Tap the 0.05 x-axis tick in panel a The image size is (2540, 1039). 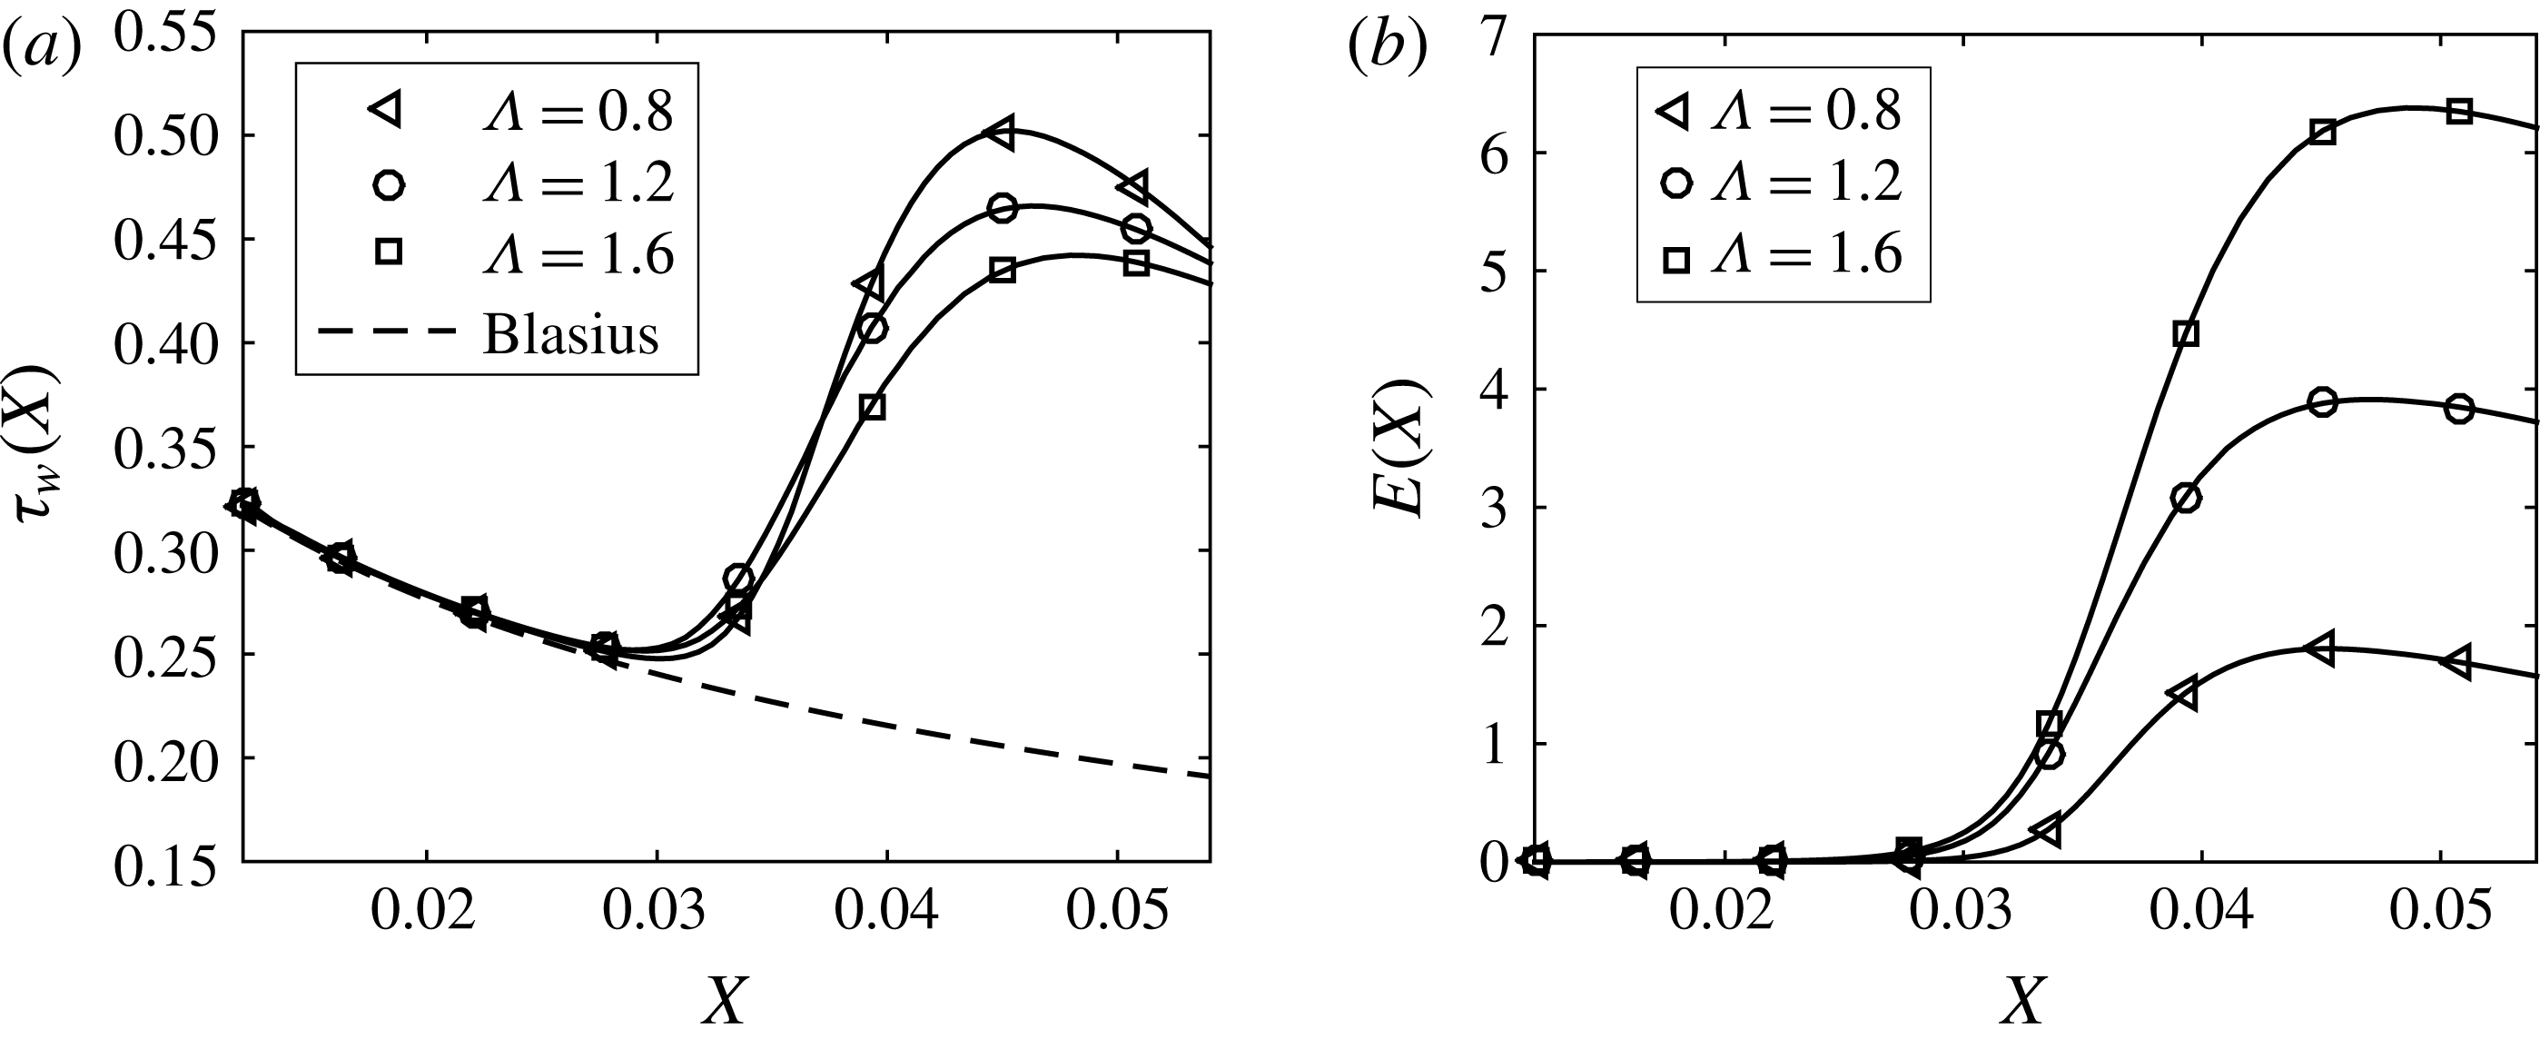[1117, 912]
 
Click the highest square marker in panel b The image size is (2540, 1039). [2459, 112]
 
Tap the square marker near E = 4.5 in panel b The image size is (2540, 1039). [2186, 333]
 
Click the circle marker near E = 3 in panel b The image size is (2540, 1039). [2186, 498]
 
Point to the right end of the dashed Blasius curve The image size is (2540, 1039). [1208, 777]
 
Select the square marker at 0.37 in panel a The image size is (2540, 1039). [872, 407]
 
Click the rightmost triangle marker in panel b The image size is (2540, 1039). [2458, 662]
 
